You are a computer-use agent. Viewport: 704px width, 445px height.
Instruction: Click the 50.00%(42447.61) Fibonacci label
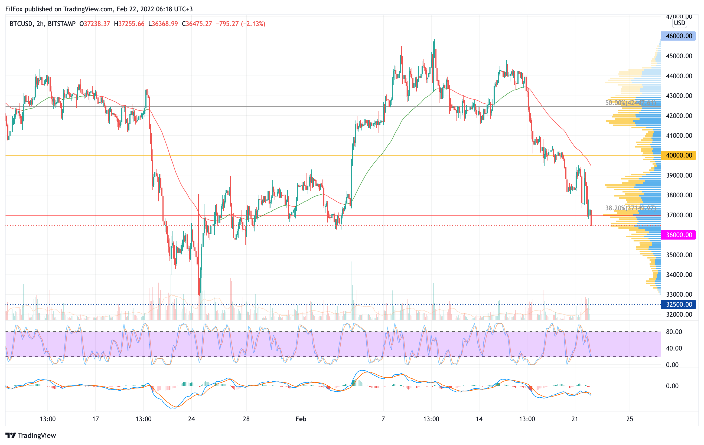tap(630, 103)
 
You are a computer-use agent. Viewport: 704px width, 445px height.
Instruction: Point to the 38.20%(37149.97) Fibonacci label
tap(630, 208)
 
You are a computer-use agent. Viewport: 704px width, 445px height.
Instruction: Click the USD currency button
tap(679, 23)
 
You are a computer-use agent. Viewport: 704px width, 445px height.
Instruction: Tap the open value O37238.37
tap(95, 24)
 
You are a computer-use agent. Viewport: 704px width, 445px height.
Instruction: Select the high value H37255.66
tap(129, 24)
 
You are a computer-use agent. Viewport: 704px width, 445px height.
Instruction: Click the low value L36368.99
tap(163, 24)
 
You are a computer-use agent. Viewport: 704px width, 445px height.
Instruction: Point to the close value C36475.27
tap(197, 24)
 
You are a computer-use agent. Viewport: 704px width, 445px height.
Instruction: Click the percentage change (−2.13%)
tap(253, 24)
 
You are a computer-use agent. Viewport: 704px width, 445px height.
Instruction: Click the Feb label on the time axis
tap(301, 419)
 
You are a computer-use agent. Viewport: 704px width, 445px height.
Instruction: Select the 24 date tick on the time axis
tap(191, 419)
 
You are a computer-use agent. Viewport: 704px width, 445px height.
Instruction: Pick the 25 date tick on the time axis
tap(630, 419)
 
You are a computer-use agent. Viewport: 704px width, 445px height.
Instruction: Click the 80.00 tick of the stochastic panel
tap(674, 332)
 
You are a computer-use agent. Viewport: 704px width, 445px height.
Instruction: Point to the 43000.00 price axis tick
tap(679, 96)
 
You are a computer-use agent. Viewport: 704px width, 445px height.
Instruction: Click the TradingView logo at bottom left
tap(31, 435)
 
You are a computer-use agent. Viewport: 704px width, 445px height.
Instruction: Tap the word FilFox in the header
tap(14, 9)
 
